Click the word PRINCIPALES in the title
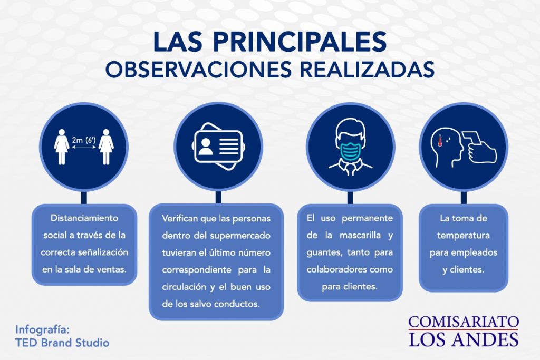pos(300,42)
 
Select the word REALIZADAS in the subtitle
pos(367,70)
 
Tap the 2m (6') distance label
pos(84,140)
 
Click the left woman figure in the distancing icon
pos(62,147)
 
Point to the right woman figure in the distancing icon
pos(106,147)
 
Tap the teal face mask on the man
pos(350,150)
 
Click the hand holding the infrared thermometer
pos(482,152)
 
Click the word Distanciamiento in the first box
pos(84,218)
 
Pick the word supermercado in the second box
pos(240,236)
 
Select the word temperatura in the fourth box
pos(464,236)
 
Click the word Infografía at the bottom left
pos(42,330)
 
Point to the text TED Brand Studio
pos(62,343)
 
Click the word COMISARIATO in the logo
pos(464,322)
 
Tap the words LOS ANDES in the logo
pos(464,339)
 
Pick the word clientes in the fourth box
pos(467,270)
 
